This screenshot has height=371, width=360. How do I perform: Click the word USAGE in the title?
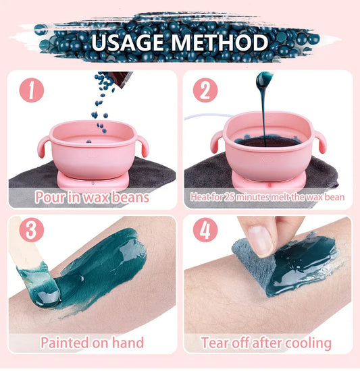coord(128,42)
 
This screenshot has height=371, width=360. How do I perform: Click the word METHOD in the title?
coord(218,42)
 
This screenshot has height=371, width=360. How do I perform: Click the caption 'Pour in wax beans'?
coord(93,198)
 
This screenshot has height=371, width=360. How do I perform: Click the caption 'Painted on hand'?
coord(92,342)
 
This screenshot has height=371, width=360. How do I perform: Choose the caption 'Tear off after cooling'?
coord(265,343)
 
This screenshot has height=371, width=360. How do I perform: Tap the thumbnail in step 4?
coord(260,239)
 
